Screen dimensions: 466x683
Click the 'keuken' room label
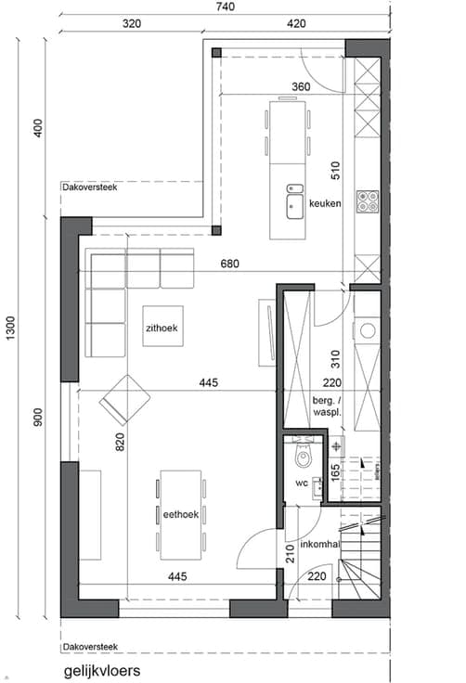pos(325,203)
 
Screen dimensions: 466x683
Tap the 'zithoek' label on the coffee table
pos(162,328)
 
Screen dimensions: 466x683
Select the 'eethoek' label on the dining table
pos(181,514)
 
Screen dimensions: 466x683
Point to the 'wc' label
pos(302,483)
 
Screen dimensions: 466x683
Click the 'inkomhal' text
pos(320,544)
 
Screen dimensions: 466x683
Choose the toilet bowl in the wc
pos(303,457)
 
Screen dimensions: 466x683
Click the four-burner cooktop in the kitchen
pos(368,201)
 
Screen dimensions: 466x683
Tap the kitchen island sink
pos(295,206)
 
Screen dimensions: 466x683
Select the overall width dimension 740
pos(226,6)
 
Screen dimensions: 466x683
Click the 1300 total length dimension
pos(10,328)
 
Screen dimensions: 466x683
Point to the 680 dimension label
pos(229,264)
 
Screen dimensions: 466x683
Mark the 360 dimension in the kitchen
pos(301,86)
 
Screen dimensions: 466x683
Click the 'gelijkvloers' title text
pos(102,670)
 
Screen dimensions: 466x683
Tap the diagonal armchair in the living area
pos(124,400)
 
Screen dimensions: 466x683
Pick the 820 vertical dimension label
pos(120,442)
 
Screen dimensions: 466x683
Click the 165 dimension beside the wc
pos(335,472)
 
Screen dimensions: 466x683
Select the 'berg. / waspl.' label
pos(327,406)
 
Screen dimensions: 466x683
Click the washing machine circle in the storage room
pos(368,330)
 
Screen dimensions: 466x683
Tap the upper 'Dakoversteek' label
pos(90,187)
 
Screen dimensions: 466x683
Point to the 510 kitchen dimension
pos(335,171)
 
